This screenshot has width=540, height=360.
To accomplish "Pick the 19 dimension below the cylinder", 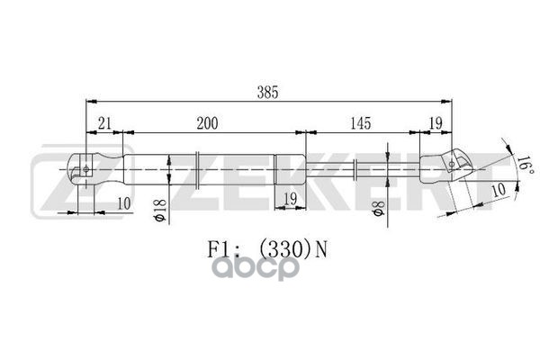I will pos(290,198).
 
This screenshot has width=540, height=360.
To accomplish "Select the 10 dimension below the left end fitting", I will pos(123,204).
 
